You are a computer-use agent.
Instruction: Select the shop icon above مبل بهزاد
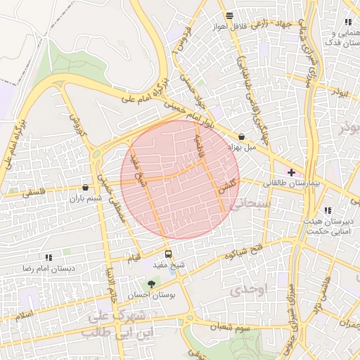click(242, 137)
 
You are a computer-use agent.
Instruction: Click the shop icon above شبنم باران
click(85, 188)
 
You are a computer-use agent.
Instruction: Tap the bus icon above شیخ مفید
click(168, 254)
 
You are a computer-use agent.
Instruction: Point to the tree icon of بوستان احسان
click(151, 284)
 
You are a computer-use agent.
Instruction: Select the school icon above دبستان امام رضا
click(48, 258)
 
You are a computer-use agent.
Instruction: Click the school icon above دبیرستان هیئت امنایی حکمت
click(328, 210)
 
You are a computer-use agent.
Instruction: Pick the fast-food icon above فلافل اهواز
click(229, 16)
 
